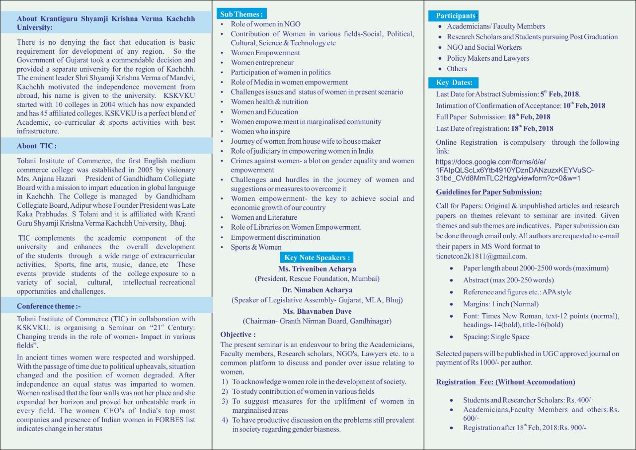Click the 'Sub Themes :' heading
click(x=242, y=14)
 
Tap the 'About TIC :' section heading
click(x=37, y=146)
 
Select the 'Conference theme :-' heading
click(x=49, y=306)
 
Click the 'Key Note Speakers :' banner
click(x=317, y=258)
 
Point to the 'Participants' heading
click(x=453, y=16)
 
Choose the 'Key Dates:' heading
click(x=454, y=83)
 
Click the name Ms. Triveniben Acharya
click(x=317, y=269)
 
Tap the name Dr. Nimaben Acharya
click(x=317, y=290)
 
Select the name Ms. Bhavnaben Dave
click(x=317, y=311)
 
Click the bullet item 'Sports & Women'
click(x=256, y=247)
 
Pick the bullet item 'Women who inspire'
click(x=260, y=131)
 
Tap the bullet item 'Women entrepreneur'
click(x=262, y=63)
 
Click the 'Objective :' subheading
click(x=238, y=335)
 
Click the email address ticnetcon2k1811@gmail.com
click(x=481, y=256)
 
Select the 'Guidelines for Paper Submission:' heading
click(x=489, y=192)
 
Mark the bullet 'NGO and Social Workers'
click(x=484, y=47)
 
